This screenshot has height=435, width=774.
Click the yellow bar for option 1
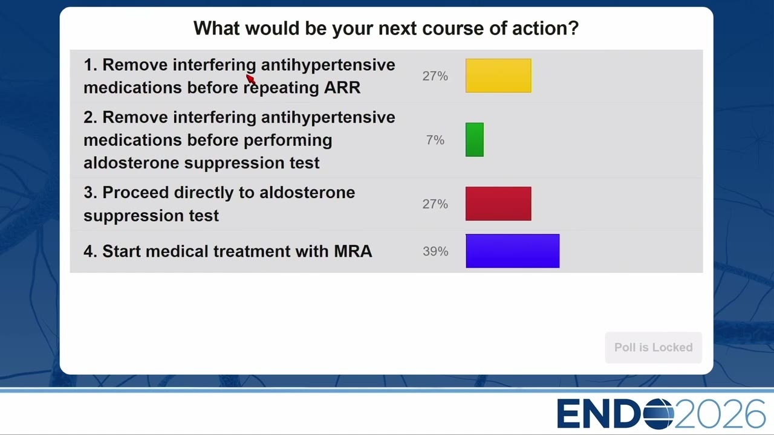498,76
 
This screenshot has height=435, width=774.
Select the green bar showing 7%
475,140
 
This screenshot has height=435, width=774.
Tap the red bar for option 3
498,204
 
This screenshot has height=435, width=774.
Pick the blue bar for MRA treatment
512,251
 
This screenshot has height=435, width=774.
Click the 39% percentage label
435,251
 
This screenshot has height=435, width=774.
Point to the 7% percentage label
435,140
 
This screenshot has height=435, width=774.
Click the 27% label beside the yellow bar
435,76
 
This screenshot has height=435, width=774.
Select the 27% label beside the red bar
435,204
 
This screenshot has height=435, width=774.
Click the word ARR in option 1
342,88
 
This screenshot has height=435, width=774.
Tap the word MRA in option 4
353,251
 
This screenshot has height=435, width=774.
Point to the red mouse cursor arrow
250,79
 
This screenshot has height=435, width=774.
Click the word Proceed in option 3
135,192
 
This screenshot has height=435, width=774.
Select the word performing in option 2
288,141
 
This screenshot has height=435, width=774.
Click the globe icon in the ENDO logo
659,414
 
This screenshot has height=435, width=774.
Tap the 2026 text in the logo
720,414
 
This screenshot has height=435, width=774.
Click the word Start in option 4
122,251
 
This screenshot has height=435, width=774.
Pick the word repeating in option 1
281,88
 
